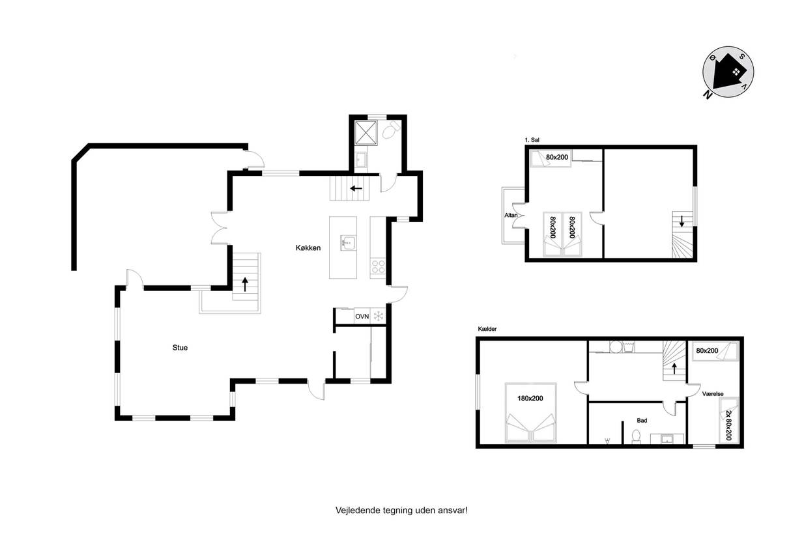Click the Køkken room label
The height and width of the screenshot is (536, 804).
coord(308,247)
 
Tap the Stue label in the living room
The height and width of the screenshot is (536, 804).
coord(180,347)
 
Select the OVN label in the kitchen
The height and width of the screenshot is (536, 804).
coord(362,317)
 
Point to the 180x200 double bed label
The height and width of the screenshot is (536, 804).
coord(530,398)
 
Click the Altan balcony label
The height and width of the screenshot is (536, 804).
coord(511,216)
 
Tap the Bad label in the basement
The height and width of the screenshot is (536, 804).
coord(642,421)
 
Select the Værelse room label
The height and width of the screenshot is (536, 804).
coord(713,393)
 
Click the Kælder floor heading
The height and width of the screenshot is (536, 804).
coord(487,329)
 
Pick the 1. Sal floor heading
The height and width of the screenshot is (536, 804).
coord(532,140)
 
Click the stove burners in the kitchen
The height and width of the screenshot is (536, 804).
coord(378,267)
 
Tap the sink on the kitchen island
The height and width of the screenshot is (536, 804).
coord(348,243)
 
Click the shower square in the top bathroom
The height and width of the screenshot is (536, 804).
coord(366,133)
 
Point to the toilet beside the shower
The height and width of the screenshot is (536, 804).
coord(390,130)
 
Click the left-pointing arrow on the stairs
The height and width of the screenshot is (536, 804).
coord(356,188)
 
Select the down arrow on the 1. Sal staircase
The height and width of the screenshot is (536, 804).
coord(682,221)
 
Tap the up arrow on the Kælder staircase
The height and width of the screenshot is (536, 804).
coord(674,368)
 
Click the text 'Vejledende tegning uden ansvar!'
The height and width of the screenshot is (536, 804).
coord(401,510)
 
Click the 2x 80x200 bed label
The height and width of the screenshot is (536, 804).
coord(728,425)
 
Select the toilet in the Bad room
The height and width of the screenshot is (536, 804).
coord(636,436)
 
